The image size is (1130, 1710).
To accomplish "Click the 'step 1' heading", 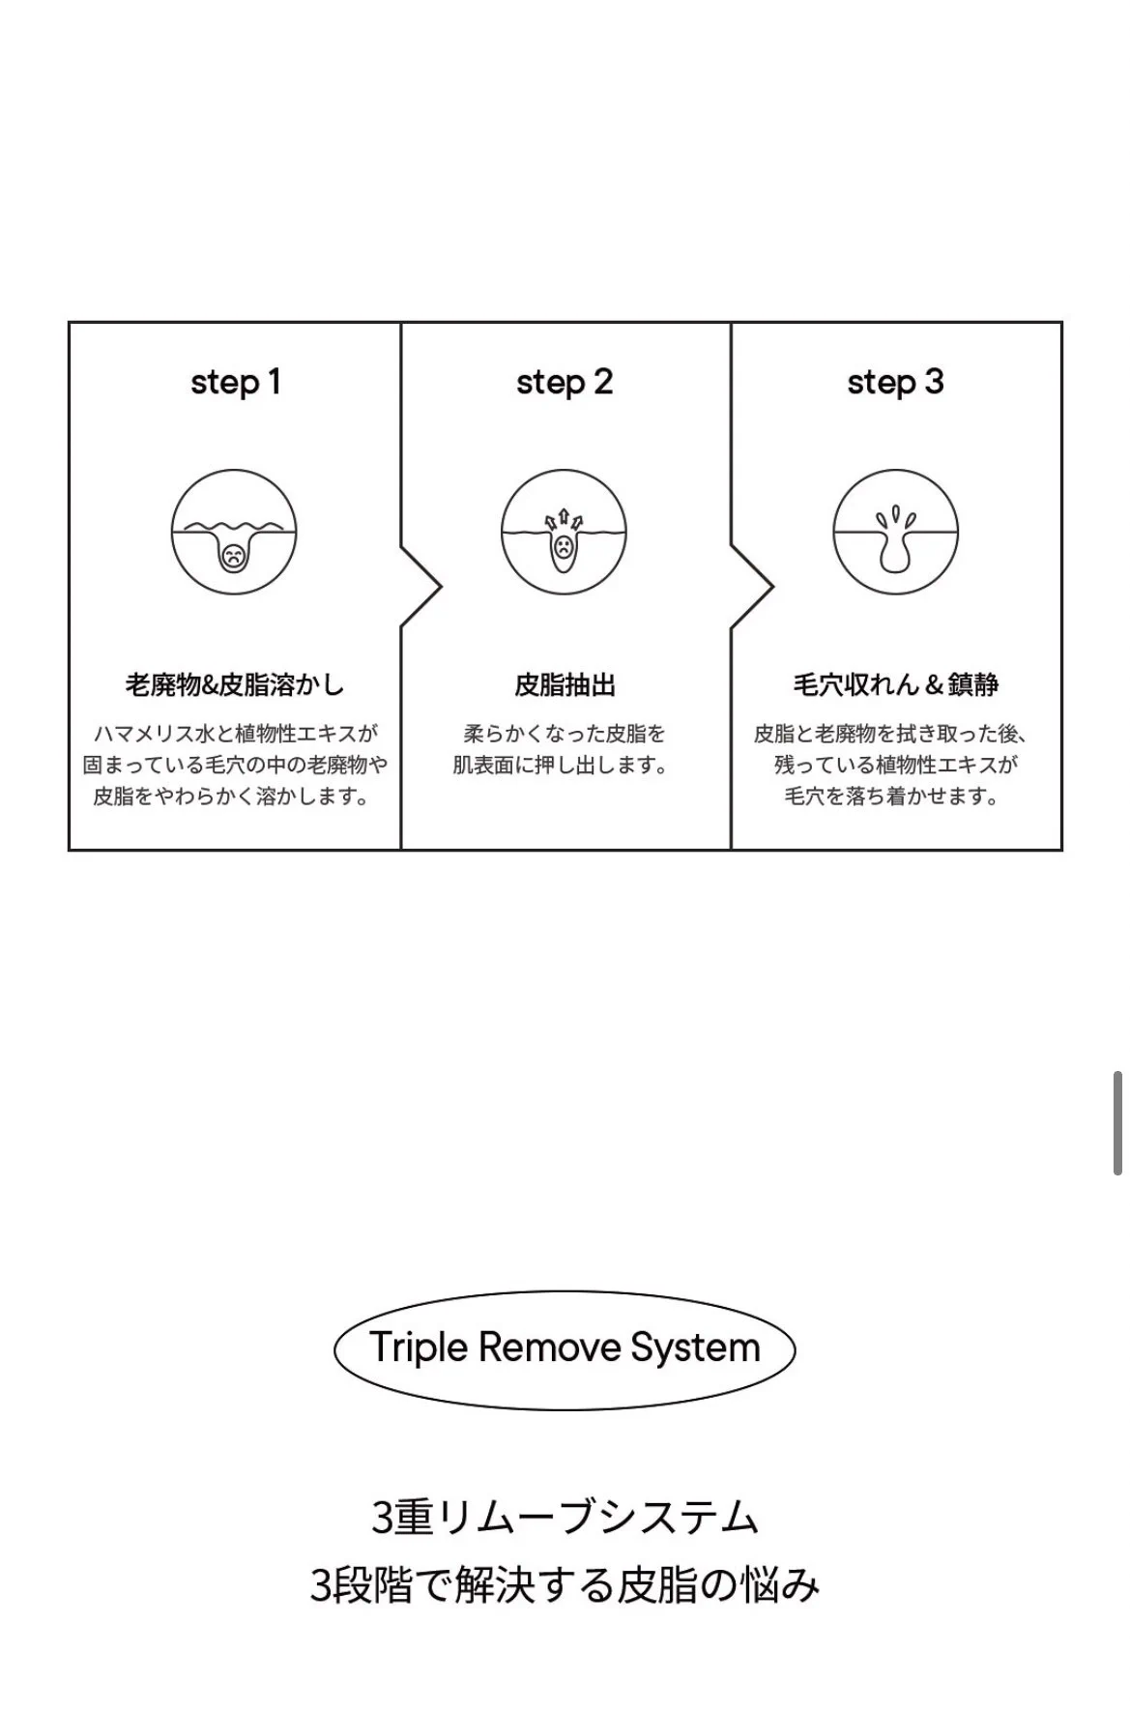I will (x=235, y=383).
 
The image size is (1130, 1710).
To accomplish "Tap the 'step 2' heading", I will (x=565, y=383).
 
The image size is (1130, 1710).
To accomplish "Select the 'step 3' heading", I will (x=895, y=383).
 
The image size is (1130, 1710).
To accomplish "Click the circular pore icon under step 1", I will (x=234, y=532).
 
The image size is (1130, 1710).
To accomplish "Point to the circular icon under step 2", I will (x=564, y=532).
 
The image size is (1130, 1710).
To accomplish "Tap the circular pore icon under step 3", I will (x=895, y=532).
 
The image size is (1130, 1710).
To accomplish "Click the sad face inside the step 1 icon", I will (x=233, y=557).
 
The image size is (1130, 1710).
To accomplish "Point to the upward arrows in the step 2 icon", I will (x=564, y=521).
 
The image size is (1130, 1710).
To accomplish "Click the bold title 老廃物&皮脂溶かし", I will (x=235, y=685).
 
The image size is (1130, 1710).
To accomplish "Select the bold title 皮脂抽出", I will (x=565, y=685).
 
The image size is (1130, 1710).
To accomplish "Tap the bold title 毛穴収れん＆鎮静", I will (x=895, y=685).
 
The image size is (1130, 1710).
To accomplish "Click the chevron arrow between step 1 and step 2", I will (x=422, y=587).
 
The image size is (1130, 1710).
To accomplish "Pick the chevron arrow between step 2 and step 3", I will (x=753, y=587).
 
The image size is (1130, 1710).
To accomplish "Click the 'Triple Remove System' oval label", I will (x=565, y=1348).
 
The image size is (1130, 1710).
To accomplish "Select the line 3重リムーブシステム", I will (x=565, y=1517).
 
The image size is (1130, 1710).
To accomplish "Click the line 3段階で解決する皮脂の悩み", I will (x=565, y=1586).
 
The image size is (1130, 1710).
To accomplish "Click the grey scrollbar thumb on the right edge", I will (x=1117, y=1122).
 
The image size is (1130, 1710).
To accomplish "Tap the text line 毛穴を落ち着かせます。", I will (x=891, y=797).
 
